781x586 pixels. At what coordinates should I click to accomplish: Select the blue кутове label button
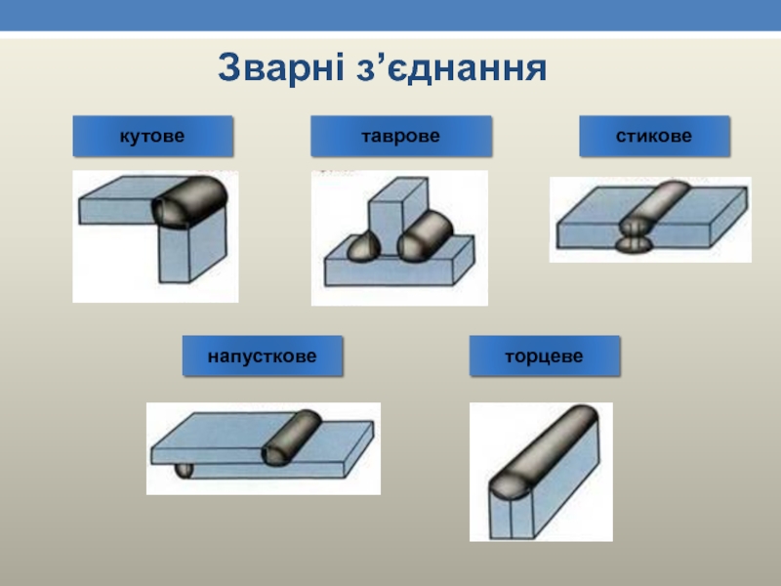pyautogui.click(x=152, y=136)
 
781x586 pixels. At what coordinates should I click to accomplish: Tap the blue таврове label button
pyautogui.click(x=400, y=136)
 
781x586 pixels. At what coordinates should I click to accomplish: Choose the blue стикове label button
pyautogui.click(x=654, y=136)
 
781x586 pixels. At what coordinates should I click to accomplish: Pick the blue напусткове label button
pyautogui.click(x=263, y=356)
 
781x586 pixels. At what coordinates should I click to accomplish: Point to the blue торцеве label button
pyautogui.click(x=544, y=356)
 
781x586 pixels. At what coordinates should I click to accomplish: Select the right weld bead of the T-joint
pyautogui.click(x=428, y=236)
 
